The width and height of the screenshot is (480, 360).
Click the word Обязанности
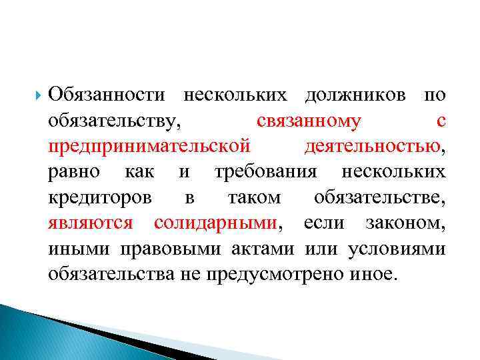[107, 95]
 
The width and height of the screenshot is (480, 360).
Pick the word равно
[75, 171]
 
